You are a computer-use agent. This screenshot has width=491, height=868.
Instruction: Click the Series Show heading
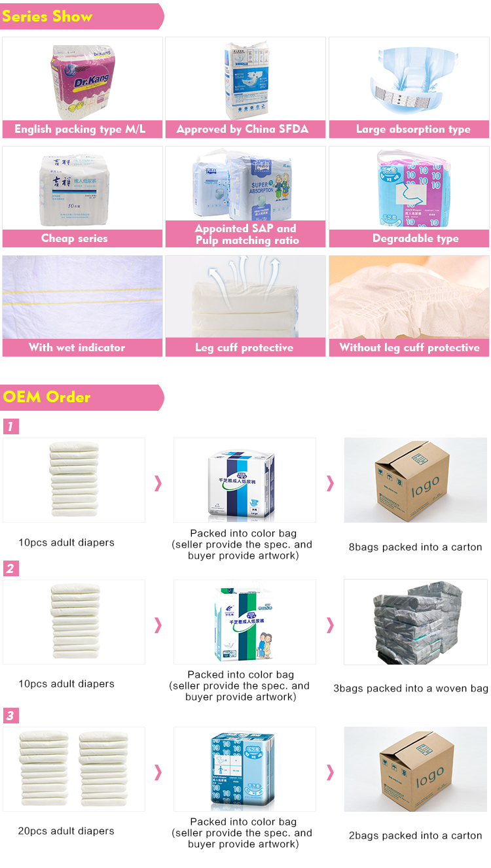(47, 16)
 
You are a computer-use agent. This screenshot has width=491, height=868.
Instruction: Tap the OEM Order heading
(47, 397)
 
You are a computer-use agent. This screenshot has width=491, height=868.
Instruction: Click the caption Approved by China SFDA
(242, 130)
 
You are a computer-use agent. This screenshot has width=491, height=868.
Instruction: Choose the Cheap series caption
(75, 239)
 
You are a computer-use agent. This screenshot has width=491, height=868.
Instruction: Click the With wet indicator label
(77, 348)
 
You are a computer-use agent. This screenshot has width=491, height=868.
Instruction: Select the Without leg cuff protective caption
(409, 348)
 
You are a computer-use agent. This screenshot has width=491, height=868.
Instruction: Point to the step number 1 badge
(10, 427)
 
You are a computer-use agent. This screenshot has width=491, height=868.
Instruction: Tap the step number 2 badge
(10, 568)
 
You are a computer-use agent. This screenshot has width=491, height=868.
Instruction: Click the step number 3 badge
(10, 716)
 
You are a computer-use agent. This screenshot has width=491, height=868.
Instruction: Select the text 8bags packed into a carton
(415, 547)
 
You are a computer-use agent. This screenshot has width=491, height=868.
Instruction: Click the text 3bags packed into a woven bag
(410, 688)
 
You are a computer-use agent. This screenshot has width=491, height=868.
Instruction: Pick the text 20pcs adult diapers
(66, 831)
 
